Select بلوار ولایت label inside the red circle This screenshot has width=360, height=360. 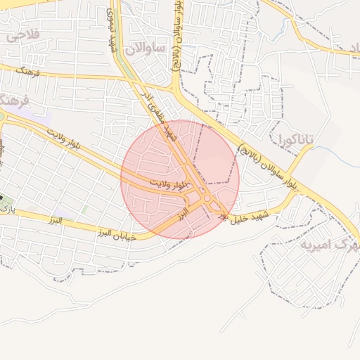(171, 184)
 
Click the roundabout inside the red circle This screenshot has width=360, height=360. (210, 202)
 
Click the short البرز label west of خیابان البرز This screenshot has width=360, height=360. (51, 221)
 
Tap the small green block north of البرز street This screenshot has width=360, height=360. (85, 209)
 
